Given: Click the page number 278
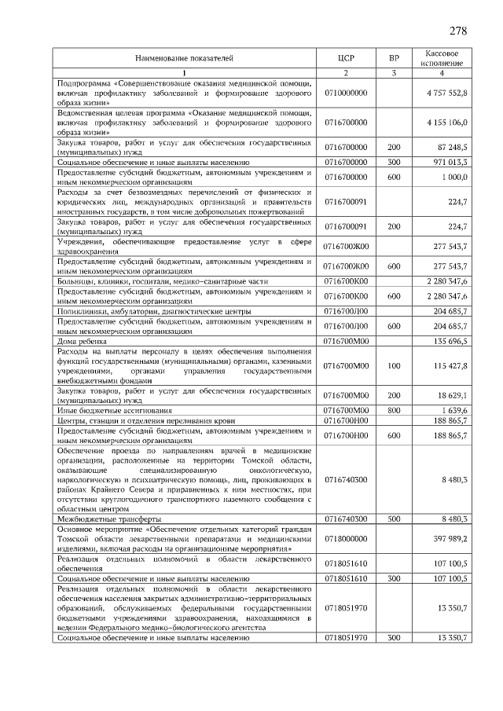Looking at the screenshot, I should (458, 31).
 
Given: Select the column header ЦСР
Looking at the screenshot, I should (346, 58).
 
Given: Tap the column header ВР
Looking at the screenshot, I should (395, 58).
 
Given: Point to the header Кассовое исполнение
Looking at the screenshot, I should (442, 58).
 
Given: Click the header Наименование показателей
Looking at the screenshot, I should (185, 58).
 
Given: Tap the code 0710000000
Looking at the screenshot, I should (346, 93).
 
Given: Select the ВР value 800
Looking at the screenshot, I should (395, 410).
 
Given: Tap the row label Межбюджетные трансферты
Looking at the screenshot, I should (109, 519).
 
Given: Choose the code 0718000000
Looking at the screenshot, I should (346, 539).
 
